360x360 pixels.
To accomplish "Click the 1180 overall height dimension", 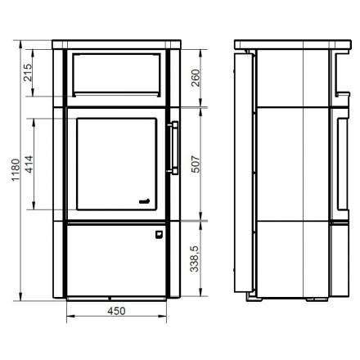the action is [x=16, y=169].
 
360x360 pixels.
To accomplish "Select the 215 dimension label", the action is [x=28, y=73].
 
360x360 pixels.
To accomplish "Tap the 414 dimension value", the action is [x=29, y=164].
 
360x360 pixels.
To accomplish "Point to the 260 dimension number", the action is [x=196, y=78].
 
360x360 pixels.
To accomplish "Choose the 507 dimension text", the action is [x=196, y=164].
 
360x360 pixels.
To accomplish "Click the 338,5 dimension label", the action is [x=195, y=259].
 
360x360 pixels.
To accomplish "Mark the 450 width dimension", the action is [x=116, y=311].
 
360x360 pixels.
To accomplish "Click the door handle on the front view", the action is [x=173, y=147].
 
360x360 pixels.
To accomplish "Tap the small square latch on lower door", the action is [x=159, y=234].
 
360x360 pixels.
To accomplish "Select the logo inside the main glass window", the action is [x=144, y=201].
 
